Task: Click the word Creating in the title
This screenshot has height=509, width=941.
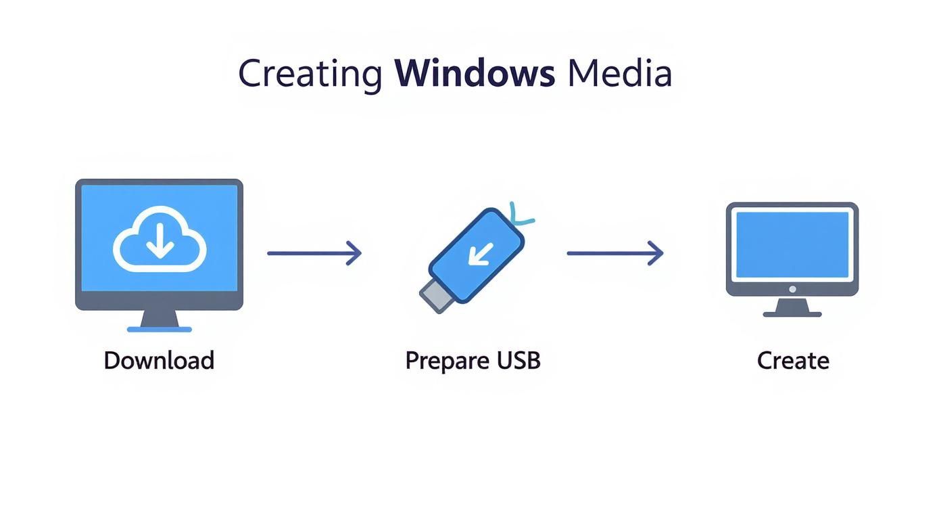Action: [310, 74]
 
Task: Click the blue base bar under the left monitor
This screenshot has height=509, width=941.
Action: [160, 330]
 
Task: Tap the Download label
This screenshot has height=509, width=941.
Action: [159, 360]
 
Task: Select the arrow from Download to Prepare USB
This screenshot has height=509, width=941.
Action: [314, 253]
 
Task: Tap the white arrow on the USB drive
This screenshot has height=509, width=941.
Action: [481, 254]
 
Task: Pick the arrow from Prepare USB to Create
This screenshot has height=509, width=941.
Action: [614, 253]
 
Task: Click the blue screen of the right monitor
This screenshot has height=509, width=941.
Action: [792, 244]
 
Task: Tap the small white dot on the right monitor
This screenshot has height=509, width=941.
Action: [792, 289]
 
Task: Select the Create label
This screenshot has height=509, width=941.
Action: [793, 360]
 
